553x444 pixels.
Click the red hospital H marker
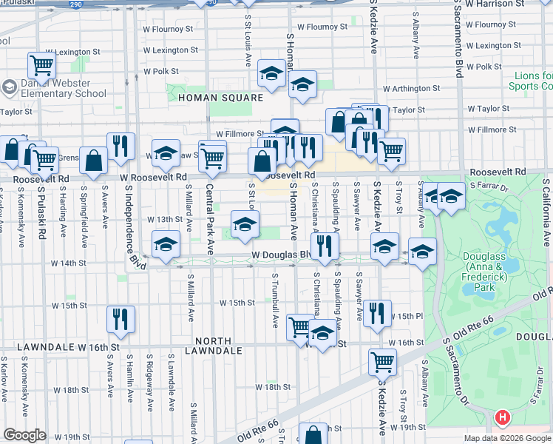[x=503, y=418]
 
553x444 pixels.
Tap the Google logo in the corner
[x=24, y=434]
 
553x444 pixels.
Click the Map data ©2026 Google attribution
[x=507, y=438]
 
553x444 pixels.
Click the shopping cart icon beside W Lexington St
[x=41, y=65]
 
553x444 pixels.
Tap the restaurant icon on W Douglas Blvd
[x=324, y=246]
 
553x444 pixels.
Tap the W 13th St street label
[x=164, y=220]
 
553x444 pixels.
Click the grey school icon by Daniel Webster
[x=9, y=88]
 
